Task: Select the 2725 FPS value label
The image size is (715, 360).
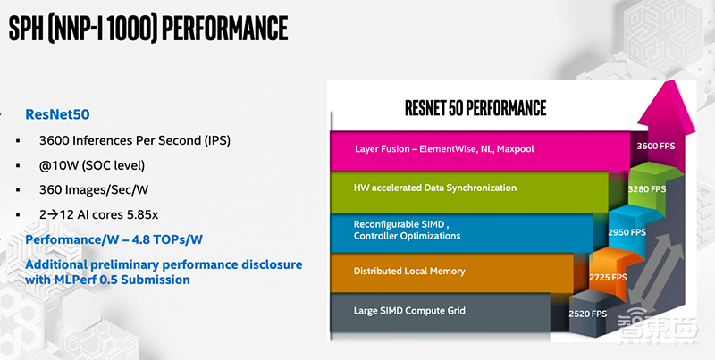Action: coord(608,278)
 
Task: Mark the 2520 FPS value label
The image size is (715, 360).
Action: coord(588,314)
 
